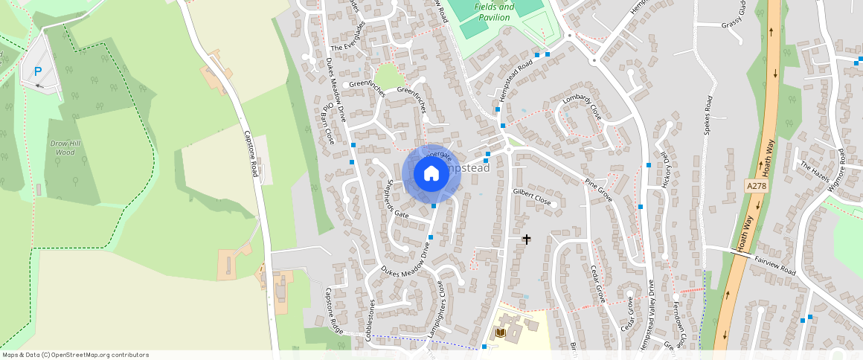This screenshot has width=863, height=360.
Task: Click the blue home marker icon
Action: point(431,174)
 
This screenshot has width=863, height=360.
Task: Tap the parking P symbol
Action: point(37,72)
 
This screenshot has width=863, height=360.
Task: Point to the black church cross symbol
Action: point(527,239)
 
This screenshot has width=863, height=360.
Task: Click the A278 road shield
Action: point(756,186)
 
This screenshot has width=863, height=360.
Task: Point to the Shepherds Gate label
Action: point(397,199)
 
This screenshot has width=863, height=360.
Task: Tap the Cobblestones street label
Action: point(370,320)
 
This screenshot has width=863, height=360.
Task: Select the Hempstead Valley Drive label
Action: point(647,313)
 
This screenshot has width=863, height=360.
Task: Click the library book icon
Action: point(501,332)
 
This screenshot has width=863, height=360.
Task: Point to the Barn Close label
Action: point(327,124)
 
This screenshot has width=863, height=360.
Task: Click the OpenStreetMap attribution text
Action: point(74,355)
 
